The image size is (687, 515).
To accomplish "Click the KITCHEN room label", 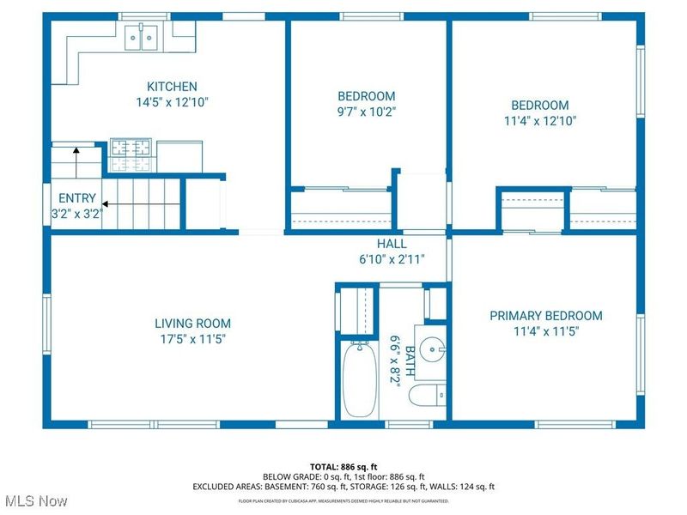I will pos(172,87).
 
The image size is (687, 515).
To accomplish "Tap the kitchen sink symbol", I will pos(143,37).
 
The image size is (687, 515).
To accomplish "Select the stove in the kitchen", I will pos(131,155).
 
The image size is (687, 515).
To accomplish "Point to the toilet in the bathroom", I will pos(427,396).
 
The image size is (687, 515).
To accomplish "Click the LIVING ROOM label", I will pos(192,324).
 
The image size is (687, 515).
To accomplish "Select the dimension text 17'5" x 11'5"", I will pos(192,338).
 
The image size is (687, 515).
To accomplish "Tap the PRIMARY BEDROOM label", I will pos(545,316).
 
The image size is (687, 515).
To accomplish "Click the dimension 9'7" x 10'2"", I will pos(366,111).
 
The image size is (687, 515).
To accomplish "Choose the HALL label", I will pos(392,244).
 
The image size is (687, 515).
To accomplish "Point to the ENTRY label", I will pos(77,197).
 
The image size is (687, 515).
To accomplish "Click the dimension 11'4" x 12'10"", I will pos(540,121).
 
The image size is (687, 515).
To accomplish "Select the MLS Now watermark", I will pos(34,500).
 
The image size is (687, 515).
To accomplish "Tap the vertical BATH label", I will pos(410,362).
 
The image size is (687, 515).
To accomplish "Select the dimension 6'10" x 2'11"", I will pos(392,258).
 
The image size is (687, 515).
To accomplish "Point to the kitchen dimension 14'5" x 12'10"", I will pos(172,101).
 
